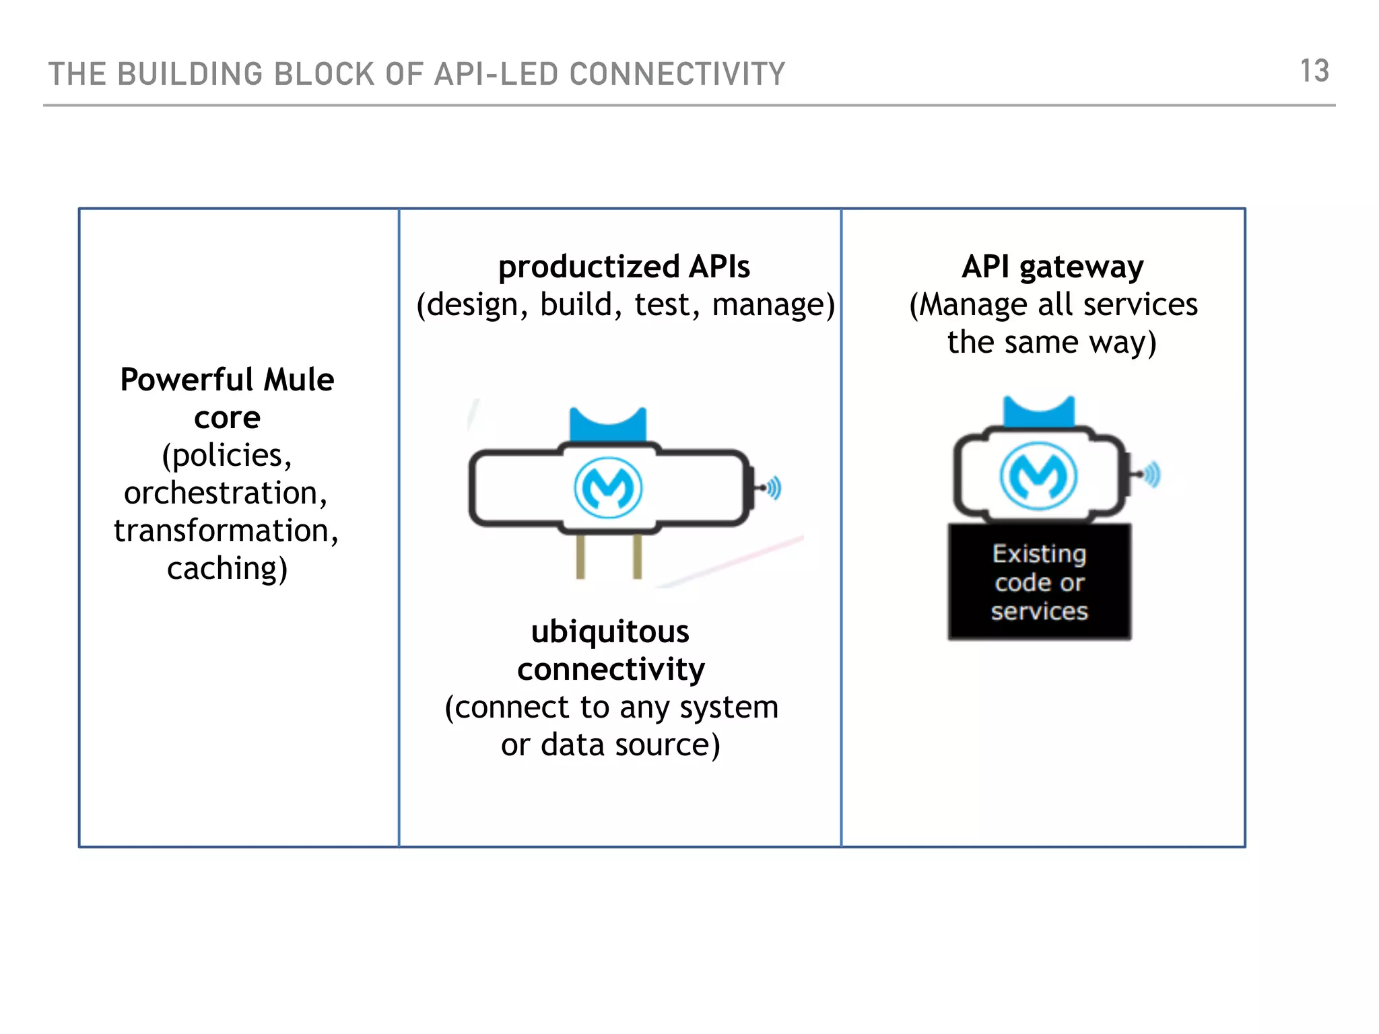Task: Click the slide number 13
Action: pos(1314,71)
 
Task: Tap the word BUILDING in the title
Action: pos(189,74)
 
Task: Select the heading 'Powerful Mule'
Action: pos(227,380)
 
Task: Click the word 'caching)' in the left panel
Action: pos(228,568)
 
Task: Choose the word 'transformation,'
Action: pos(226,530)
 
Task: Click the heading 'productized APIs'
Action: pos(624,267)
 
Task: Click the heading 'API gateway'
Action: pos(1052,267)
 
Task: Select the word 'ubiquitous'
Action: pos(610,631)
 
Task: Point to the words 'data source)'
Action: pos(630,745)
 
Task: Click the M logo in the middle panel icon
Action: pos(608,487)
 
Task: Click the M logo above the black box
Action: pos(1038,475)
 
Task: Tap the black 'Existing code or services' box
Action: pos(1039,582)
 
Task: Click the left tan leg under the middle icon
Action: pos(580,556)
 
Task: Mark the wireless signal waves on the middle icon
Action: pos(774,487)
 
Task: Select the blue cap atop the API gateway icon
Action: pos(1038,412)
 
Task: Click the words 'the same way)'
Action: pos(1052,342)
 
